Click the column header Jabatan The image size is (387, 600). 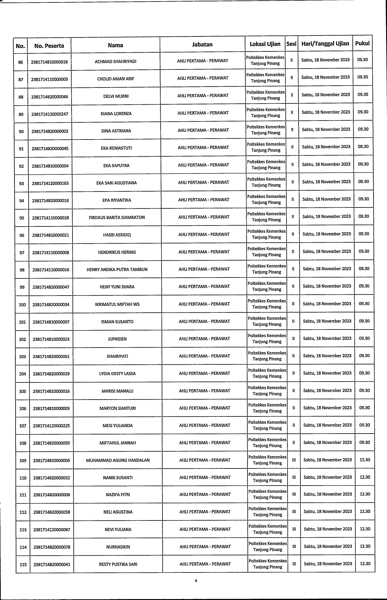[202, 45]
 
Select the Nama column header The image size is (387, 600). [115, 45]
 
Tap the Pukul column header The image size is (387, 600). [362, 43]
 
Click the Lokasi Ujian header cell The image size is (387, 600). [265, 44]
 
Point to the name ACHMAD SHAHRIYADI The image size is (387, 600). [116, 61]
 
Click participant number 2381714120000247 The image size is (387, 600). [50, 114]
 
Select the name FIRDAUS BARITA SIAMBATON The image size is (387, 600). [117, 218]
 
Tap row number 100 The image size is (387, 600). [22, 305]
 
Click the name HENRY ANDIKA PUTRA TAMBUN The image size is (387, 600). [117, 270]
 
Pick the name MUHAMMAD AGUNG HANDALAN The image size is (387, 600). [118, 460]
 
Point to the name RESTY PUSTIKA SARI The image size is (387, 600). [118, 564]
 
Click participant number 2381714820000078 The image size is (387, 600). [52, 547]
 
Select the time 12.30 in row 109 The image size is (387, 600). [365, 460]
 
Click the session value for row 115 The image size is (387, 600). [294, 564]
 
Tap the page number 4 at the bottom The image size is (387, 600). [196, 581]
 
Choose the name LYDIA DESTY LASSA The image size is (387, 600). [117, 374]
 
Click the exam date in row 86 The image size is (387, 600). [325, 60]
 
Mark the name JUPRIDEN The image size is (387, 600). [117, 339]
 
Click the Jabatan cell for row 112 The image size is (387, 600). [205, 512]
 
